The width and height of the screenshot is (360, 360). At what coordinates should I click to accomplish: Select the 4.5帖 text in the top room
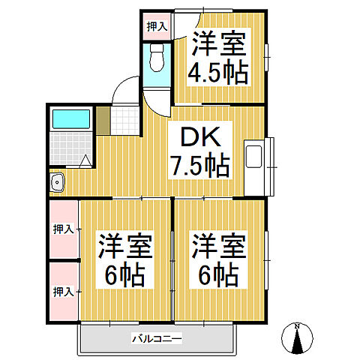pos(218,73)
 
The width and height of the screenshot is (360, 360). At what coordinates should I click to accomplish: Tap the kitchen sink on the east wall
pos(254,157)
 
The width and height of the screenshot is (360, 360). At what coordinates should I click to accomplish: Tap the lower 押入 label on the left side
pos(63,289)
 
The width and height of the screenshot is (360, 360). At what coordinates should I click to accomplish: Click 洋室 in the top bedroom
pos(218,43)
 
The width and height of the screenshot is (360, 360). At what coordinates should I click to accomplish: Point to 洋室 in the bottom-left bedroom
pos(124,246)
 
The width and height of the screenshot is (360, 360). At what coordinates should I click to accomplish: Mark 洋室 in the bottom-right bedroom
pos(219,246)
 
